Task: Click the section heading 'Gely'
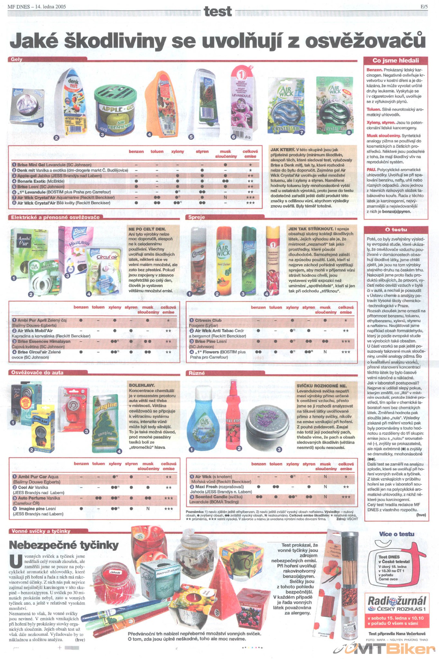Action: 16,60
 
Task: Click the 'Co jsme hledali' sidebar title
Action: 396,60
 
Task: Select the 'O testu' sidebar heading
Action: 396,229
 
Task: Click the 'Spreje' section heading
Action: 197,217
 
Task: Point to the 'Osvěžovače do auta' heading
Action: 37,373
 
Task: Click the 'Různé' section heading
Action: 197,373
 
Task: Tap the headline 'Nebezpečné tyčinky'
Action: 64,545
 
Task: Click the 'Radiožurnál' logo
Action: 397,601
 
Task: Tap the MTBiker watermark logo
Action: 386,649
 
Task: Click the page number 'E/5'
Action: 424,6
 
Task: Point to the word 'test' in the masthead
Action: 218,12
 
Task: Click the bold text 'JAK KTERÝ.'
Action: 283,150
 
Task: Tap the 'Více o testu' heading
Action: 397,534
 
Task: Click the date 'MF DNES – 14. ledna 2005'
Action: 37,6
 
